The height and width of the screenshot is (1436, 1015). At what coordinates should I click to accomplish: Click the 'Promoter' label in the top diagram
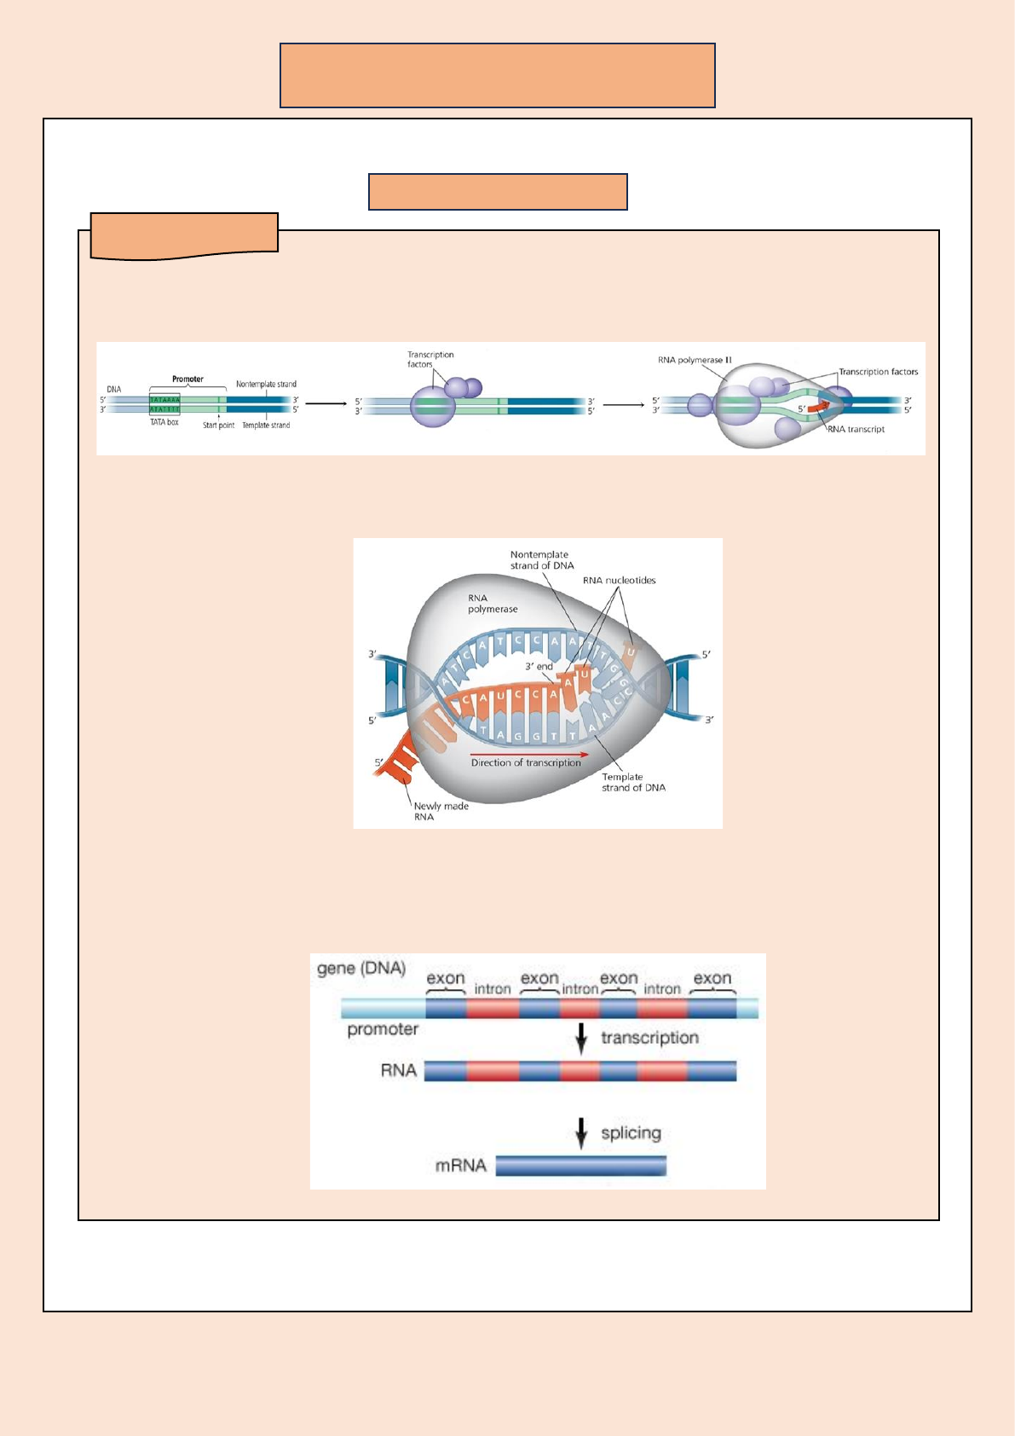187,379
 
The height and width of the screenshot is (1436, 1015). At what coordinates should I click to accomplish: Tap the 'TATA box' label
164,423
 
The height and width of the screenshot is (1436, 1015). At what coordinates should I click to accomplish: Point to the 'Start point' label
218,425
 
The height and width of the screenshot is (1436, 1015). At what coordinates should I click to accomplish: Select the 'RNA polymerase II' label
695,360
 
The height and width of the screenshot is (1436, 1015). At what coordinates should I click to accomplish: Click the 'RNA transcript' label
856,429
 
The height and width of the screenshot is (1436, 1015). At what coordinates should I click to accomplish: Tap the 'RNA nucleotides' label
620,580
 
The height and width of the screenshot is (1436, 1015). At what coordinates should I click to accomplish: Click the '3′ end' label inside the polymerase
539,666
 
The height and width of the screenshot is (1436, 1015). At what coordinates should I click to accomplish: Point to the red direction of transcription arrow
529,754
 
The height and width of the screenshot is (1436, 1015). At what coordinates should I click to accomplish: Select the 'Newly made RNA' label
440,811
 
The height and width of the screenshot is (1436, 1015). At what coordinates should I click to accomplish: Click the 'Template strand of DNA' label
633,782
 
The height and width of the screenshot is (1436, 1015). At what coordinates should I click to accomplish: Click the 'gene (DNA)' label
361,969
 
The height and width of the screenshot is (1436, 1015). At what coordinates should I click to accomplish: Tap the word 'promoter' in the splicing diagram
383,1029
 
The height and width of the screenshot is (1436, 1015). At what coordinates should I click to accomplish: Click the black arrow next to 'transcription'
581,1038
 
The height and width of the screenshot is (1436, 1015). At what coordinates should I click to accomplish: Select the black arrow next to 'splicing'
581,1132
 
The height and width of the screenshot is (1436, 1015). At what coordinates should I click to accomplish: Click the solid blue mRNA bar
580,1166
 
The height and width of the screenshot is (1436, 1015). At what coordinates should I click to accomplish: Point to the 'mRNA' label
460,1166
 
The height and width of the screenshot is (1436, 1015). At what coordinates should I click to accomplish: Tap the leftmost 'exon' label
446,978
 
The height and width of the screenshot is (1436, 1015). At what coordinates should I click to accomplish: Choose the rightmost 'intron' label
661,988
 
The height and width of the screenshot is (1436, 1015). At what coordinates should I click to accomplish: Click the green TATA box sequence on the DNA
164,403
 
